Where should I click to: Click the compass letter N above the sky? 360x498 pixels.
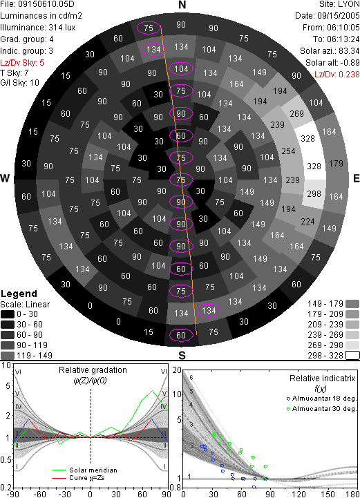click(x=182, y=5)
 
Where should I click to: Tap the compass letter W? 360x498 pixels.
click(x=5, y=178)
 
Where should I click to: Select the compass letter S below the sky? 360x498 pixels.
click(x=182, y=355)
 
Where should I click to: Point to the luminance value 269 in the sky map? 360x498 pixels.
click(x=296, y=114)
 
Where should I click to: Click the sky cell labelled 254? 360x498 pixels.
click(x=288, y=151)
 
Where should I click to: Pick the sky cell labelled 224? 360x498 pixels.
click(x=307, y=221)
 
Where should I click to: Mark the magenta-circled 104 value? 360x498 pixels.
click(x=181, y=69)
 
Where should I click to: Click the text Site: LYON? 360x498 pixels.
click(x=339, y=4)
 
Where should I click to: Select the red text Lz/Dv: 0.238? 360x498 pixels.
click(x=337, y=75)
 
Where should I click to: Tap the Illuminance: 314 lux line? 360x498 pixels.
click(x=38, y=28)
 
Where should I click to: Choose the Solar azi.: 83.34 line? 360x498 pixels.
click(x=330, y=51)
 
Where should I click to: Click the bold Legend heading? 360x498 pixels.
click(x=19, y=294)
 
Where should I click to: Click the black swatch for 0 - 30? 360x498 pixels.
click(x=8, y=314)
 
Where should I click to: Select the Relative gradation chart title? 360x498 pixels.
click(x=93, y=370)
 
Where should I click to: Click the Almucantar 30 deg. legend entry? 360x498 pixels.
click(x=321, y=409)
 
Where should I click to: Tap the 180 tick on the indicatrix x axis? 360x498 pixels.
click(x=353, y=494)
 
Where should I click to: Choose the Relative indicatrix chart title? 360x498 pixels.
click(x=322, y=379)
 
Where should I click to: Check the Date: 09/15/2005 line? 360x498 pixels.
click(x=328, y=16)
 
